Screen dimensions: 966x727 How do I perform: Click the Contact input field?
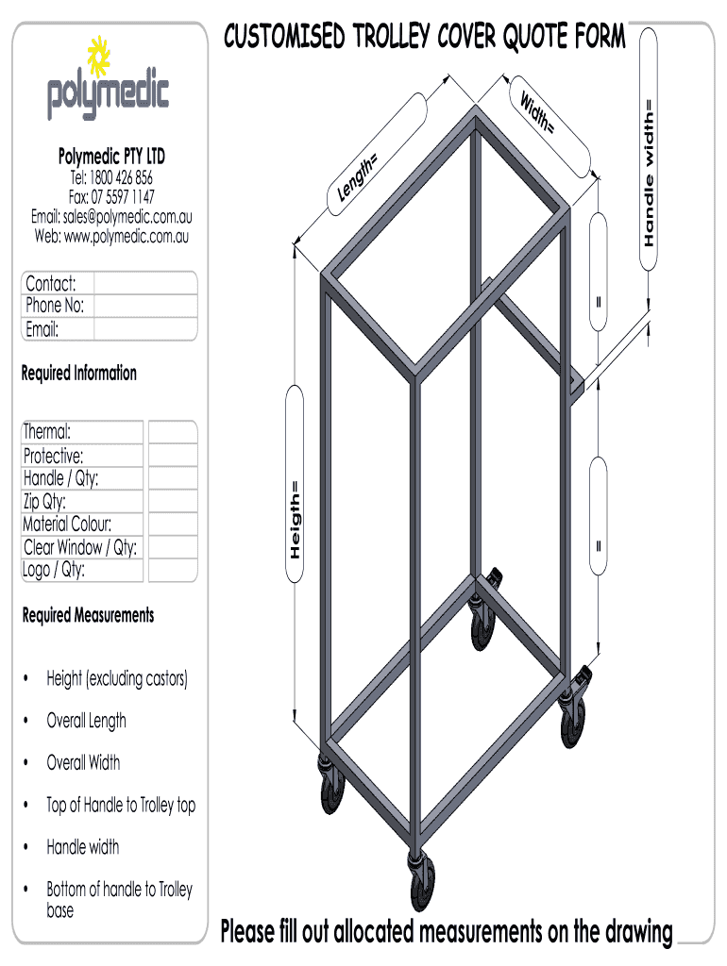point(146,283)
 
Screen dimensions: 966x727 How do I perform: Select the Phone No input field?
point(146,306)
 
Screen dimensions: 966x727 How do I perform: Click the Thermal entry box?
point(172,432)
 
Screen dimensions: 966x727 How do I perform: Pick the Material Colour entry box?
point(172,525)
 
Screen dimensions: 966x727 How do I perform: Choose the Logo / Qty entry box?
point(172,570)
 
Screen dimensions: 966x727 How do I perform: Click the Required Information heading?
point(79,374)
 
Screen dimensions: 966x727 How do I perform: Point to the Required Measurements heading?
point(88,616)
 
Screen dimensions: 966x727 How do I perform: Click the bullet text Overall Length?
point(86,721)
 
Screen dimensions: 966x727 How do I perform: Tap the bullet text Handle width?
point(83,847)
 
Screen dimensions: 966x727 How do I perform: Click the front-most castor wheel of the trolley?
point(416,883)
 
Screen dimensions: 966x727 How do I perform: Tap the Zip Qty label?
point(44,501)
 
